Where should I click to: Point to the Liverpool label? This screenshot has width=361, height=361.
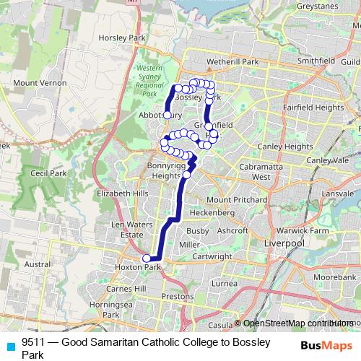(x=285, y=244)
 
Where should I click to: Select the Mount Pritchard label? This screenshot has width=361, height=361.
(x=235, y=199)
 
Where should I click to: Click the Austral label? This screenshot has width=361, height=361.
(x=38, y=265)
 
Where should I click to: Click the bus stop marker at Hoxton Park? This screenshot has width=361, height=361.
(x=147, y=258)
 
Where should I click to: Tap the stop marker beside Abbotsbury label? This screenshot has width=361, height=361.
(x=167, y=115)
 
